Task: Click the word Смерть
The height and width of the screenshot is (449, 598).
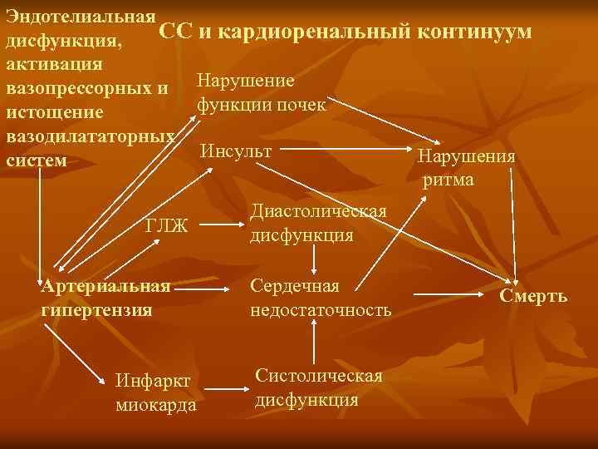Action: point(533,295)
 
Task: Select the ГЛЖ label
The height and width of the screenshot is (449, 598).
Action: point(167,225)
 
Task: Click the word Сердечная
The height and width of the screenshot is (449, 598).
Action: point(295,286)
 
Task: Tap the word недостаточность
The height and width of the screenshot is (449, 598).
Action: point(321,310)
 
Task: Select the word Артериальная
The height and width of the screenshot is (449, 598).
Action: point(105,287)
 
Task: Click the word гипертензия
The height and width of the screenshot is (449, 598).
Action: point(96,310)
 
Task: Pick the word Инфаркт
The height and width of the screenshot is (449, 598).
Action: point(152,381)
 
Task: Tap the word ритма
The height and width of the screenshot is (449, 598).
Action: point(448,179)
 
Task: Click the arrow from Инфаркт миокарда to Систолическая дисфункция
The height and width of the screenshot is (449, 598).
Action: point(225,387)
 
